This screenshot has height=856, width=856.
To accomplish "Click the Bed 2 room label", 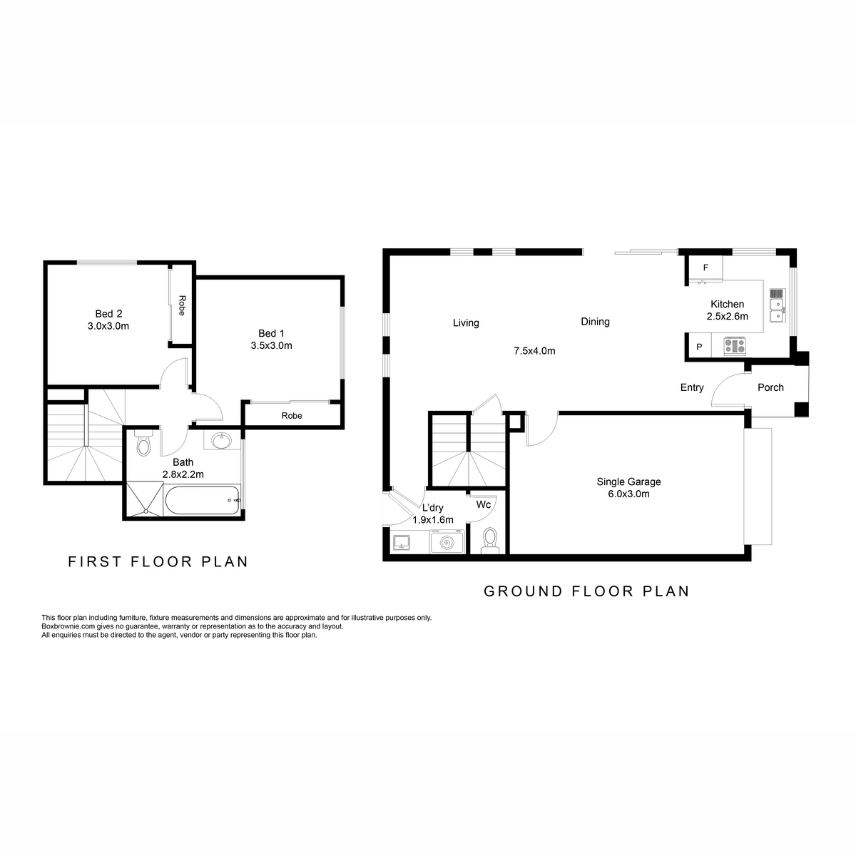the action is pos(109,314).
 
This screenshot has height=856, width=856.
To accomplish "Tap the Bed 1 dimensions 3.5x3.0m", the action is pos(271,345).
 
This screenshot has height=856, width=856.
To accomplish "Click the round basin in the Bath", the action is pos(220,441).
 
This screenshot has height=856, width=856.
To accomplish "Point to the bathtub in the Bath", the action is pos(203,500).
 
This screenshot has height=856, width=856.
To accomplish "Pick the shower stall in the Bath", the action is pos(145,500).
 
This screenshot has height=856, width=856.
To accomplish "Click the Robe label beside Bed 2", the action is pos(182,305).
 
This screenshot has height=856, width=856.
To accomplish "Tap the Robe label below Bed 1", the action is pos(292,416).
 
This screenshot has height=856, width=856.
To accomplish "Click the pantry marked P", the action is pos(699,347).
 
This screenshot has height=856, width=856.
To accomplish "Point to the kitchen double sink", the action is pos(778,310).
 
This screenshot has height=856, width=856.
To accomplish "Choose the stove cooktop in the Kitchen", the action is pos(735,346).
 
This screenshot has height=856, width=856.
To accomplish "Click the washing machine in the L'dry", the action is pos(447,542).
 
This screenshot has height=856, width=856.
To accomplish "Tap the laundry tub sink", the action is pos(402,542).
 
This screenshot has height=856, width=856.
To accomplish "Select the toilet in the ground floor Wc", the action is pos(490,541).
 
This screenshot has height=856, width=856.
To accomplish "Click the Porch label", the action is pos(770,387).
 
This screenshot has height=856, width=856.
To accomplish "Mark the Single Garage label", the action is pos(628,481).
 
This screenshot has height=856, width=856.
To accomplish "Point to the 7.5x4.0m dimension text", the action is pos(534,351).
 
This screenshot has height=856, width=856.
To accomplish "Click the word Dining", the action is pos(595,322).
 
